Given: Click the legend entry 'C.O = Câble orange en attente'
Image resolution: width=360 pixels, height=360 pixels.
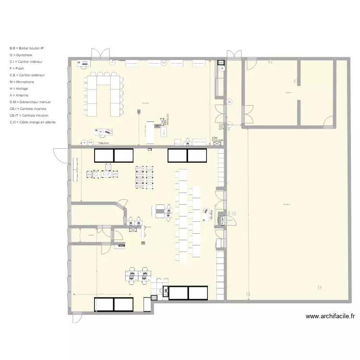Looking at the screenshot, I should (x=32, y=122).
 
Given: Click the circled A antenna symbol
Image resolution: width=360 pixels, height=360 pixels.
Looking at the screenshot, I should (x=222, y=69).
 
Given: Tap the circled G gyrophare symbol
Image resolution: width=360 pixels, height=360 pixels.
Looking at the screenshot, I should (x=229, y=102).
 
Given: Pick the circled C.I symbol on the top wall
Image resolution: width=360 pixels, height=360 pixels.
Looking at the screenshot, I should (x=164, y=63).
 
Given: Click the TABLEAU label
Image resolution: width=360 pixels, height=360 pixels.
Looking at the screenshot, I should (x=103, y=143).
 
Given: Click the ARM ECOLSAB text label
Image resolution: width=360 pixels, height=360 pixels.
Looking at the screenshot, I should (x=217, y=140).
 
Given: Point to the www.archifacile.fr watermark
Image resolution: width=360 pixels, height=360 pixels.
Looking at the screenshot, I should (x=330, y=316).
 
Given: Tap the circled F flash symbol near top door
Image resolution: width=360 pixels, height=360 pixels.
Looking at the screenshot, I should (x=111, y=61).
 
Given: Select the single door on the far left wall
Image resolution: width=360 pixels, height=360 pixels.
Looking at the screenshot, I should (x=59, y=155).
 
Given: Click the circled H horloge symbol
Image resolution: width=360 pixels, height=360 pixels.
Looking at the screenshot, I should (x=84, y=142).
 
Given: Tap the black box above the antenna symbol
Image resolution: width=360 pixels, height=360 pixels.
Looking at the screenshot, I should (x=221, y=62).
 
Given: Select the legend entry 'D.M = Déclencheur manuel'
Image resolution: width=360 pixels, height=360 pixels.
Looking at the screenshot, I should (x=30, y=102).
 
